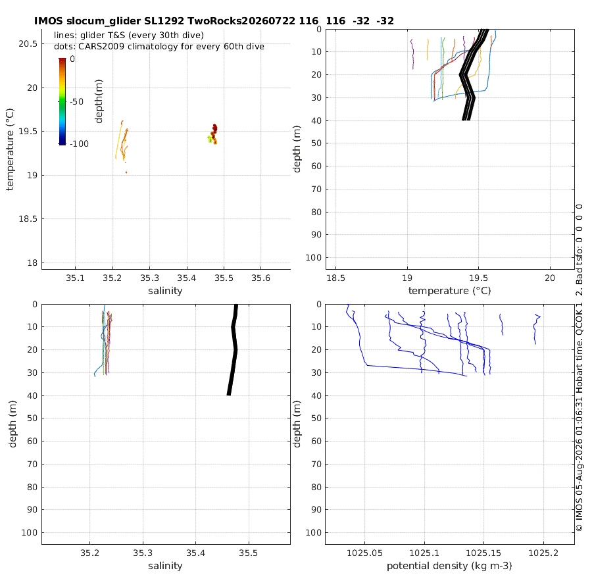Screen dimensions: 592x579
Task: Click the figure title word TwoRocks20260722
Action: pyautogui.click(x=241, y=21)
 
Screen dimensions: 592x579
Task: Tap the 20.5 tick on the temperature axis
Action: pyautogui.click(x=28, y=44)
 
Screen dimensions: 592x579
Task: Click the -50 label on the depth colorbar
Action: pyautogui.click(x=77, y=101)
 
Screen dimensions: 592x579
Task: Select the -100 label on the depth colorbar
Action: pyautogui.click(x=80, y=144)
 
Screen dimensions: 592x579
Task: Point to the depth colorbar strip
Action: pyautogui.click(x=62, y=101)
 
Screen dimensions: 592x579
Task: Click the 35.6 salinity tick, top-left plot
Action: pyautogui.click(x=261, y=278)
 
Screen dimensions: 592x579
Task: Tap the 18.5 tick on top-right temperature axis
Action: pyautogui.click(x=335, y=278)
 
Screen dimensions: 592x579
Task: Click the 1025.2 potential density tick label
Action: pyautogui.click(x=543, y=553)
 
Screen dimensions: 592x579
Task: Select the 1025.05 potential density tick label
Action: pyautogui.click(x=364, y=553)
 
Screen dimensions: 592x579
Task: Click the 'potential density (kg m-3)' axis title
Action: pyautogui.click(x=449, y=566)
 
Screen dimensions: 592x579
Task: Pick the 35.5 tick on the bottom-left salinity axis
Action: pyautogui.click(x=249, y=553)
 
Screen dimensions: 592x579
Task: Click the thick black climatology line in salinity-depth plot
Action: pyautogui.click(x=234, y=350)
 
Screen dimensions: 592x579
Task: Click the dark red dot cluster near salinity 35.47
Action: pyautogui.click(x=214, y=134)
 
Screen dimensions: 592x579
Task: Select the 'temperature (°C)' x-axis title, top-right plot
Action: pyautogui.click(x=449, y=291)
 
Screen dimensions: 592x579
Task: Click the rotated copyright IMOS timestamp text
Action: pyautogui.click(x=579, y=415)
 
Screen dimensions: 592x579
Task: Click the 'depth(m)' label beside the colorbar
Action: pyautogui.click(x=99, y=101)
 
